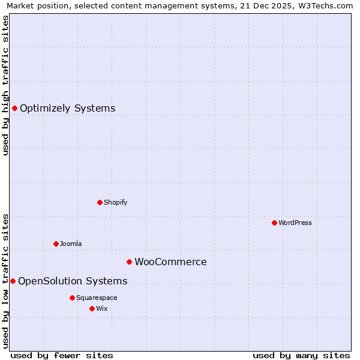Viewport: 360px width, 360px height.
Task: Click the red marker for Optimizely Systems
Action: click(14, 108)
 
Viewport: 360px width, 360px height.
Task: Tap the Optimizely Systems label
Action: click(67, 109)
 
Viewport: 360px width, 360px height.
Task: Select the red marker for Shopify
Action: click(100, 202)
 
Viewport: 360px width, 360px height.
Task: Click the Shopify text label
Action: click(115, 203)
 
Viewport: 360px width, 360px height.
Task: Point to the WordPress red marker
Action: click(274, 223)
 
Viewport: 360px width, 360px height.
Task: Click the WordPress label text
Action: click(295, 223)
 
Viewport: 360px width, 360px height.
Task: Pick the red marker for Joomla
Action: click(56, 244)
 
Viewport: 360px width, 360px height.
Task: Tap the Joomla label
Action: click(71, 244)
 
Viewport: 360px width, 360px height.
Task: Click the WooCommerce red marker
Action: click(129, 262)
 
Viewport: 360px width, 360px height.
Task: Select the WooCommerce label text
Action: click(170, 262)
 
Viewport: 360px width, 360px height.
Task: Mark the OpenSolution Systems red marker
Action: click(13, 281)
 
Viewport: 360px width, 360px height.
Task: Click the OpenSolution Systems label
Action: click(73, 281)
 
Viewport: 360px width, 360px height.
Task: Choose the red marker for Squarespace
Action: click(72, 298)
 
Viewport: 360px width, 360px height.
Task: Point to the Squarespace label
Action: click(97, 298)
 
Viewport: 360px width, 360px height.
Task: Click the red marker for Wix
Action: click(92, 308)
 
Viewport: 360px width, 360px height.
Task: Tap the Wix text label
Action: click(102, 309)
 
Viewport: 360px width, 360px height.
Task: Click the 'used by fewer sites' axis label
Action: click(62, 356)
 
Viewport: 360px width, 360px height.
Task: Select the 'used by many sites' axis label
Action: click(301, 356)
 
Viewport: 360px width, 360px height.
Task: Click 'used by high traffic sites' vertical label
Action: click(5, 85)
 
